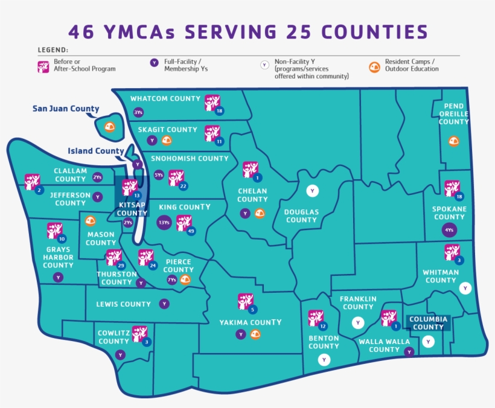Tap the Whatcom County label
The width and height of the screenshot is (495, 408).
click(165, 98)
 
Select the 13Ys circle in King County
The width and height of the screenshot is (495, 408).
click(164, 223)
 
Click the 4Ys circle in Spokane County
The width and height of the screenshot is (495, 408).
click(449, 230)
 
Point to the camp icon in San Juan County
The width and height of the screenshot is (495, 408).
click(109, 127)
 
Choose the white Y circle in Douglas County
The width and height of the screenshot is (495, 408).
click(313, 191)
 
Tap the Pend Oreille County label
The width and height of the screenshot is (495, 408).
click(453, 114)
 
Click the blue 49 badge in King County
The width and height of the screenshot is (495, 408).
click(191, 231)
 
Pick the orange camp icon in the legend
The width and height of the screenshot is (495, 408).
click(374, 66)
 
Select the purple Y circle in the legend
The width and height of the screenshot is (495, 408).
click(154, 63)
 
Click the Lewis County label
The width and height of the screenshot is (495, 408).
click(124, 304)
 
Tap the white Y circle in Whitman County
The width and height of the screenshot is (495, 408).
click(465, 288)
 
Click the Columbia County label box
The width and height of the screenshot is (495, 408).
click(428, 323)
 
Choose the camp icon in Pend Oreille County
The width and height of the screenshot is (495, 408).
click(454, 141)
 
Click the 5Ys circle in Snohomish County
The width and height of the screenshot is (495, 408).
click(159, 175)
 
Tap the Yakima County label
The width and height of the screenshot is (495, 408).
click(250, 322)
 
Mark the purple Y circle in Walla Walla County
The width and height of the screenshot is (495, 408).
click(409, 351)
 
